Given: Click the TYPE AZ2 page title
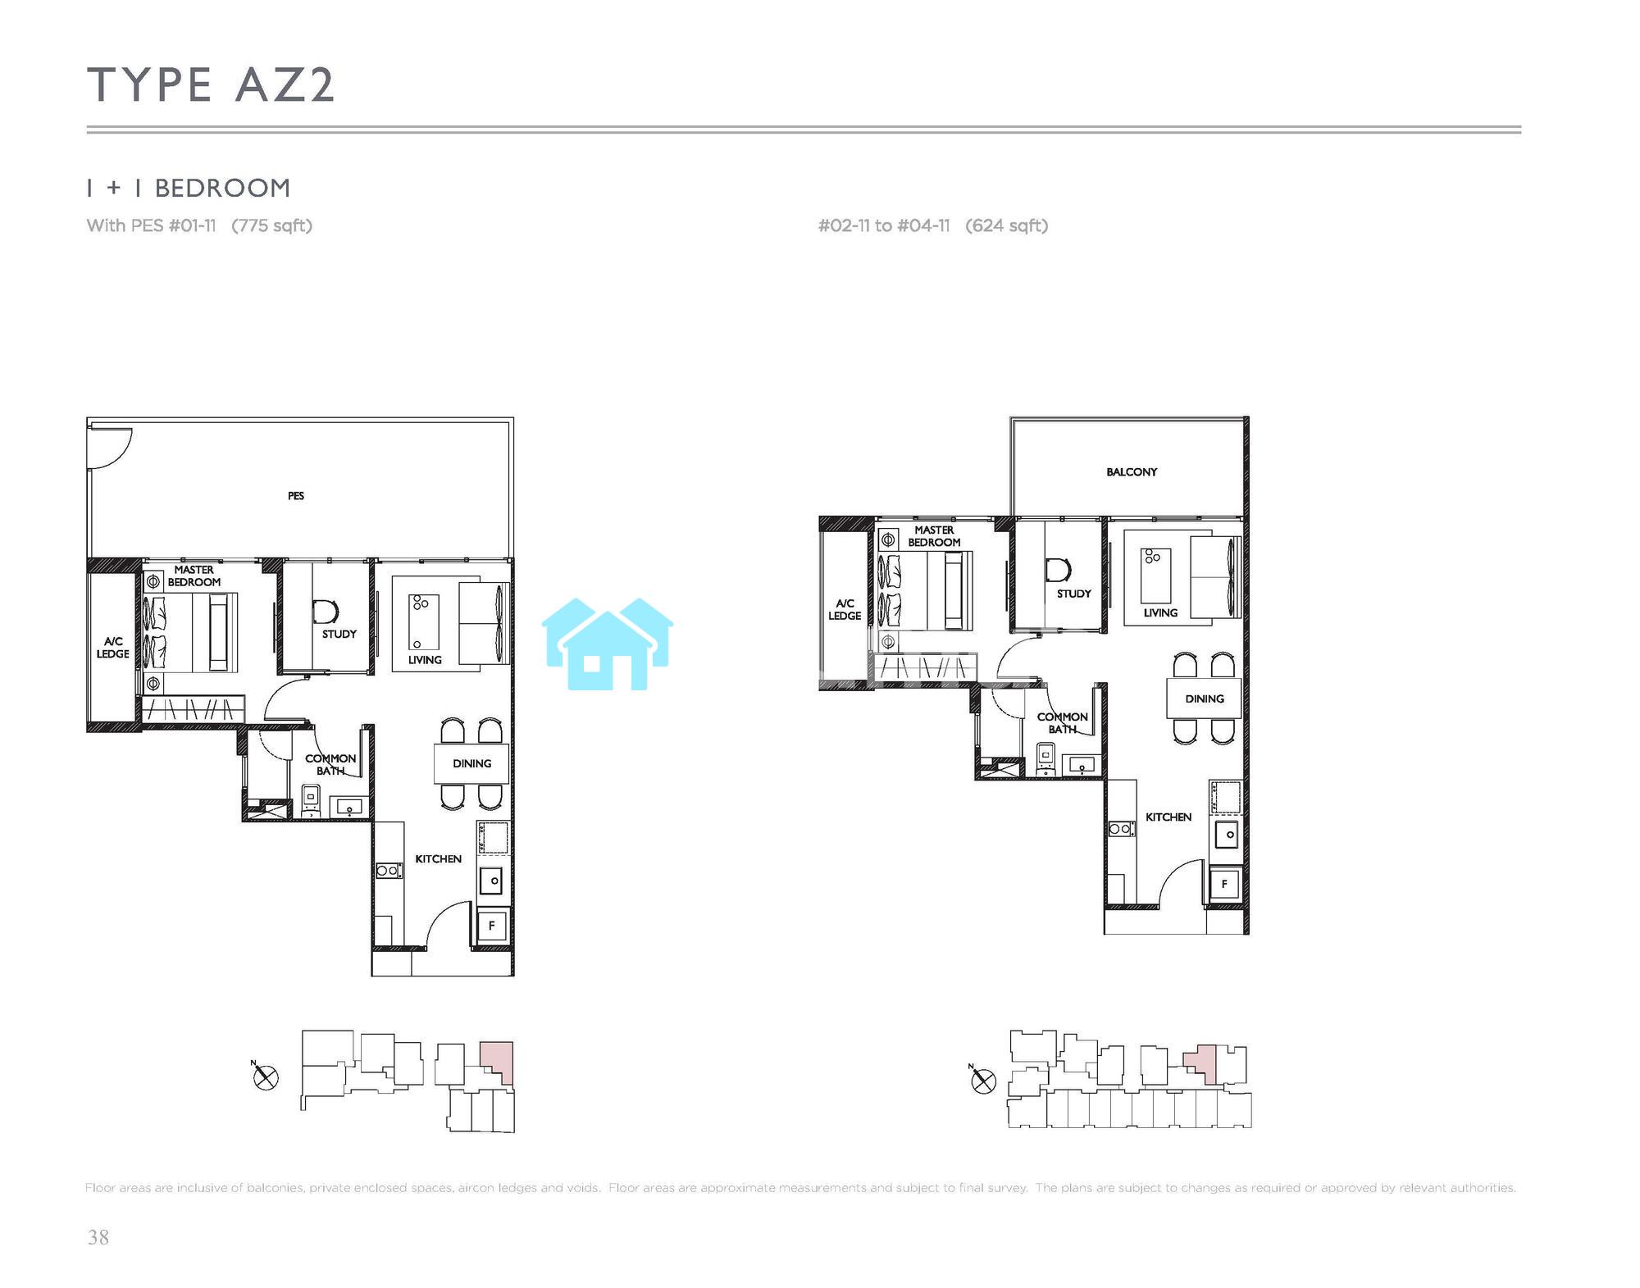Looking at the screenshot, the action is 212,85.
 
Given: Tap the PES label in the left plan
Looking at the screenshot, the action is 296,496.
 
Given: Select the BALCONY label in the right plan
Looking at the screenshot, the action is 1132,472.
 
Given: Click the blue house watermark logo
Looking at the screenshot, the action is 608,644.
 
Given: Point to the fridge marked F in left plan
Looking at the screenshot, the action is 492,926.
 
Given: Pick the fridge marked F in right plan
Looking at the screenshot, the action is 1224,884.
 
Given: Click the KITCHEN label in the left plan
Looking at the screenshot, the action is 438,859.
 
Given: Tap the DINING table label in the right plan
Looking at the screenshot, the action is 1205,699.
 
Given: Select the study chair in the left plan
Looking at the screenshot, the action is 326,612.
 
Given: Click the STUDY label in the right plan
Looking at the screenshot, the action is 1074,594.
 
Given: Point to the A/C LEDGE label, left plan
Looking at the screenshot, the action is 113,648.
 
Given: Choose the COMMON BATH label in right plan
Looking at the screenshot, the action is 1062,723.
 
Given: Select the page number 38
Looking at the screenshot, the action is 98,1237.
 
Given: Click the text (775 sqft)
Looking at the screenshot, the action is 271,225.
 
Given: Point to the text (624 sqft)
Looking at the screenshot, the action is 1007,225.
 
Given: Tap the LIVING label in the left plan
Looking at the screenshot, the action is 425,660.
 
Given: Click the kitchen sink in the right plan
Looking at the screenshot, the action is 1227,835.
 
